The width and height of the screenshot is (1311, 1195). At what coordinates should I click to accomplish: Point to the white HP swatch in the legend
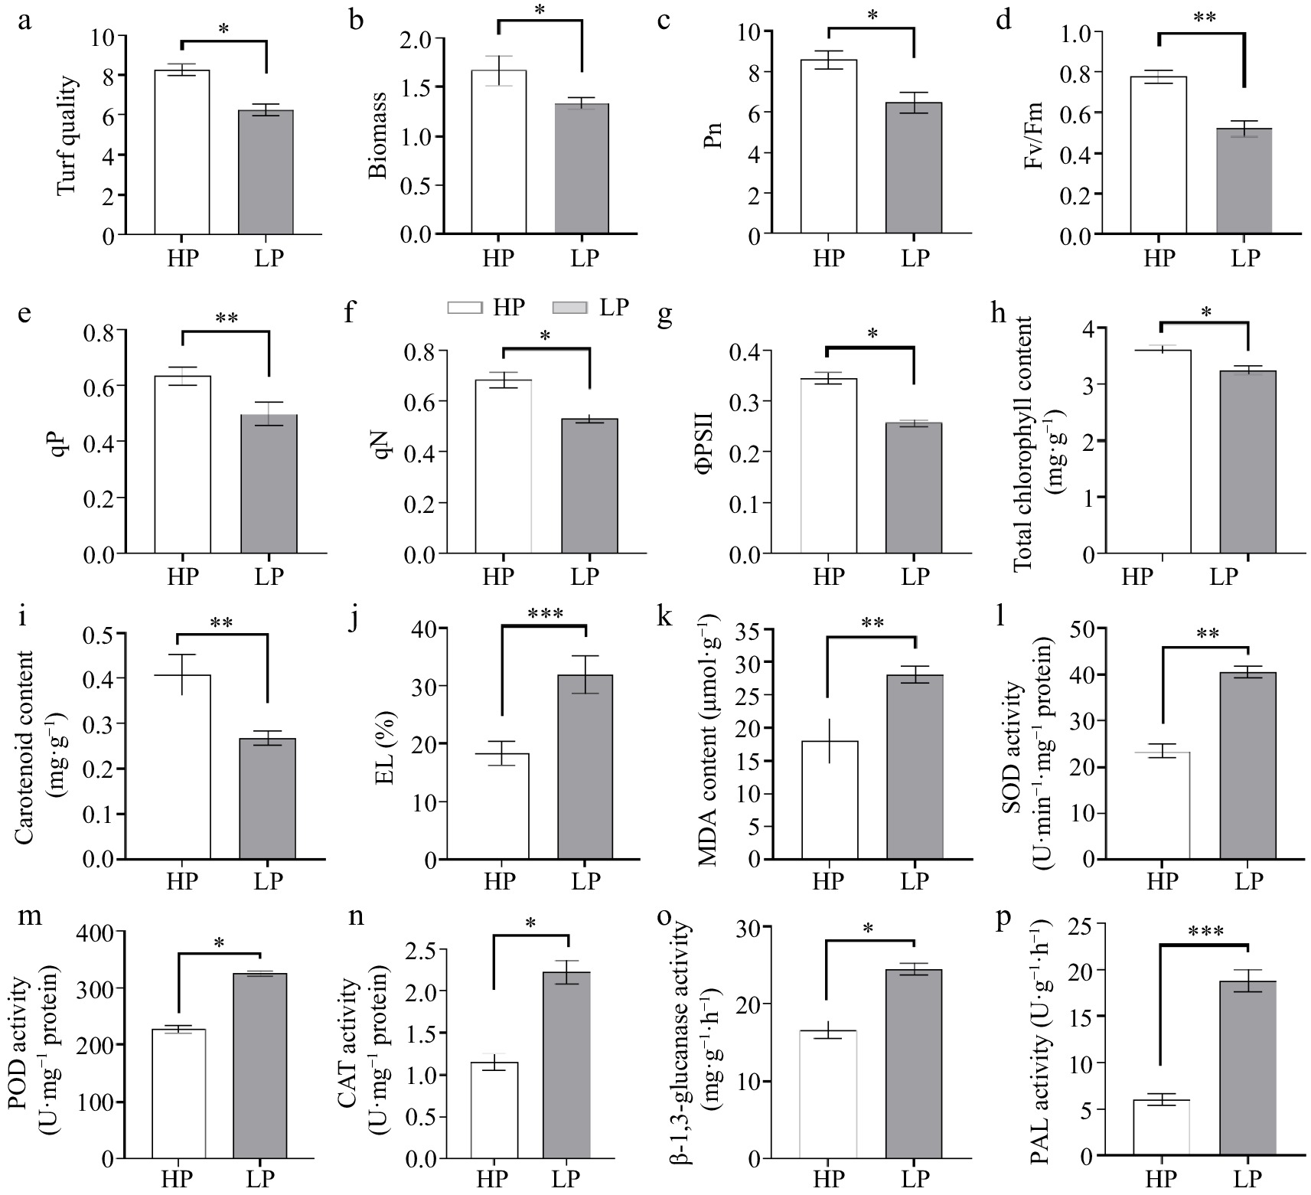click(465, 307)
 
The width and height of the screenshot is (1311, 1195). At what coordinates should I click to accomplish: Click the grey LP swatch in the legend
click(569, 307)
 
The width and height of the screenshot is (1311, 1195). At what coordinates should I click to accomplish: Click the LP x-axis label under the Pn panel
click(915, 257)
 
